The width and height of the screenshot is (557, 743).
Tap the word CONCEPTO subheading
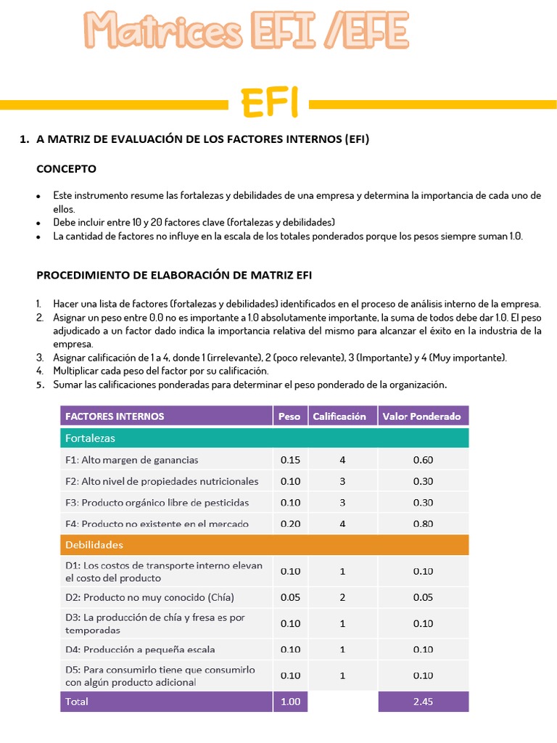point(66,168)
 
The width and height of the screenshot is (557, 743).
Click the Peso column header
point(289,416)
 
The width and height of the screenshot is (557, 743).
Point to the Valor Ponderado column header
point(422,416)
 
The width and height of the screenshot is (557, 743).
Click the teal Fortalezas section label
point(90,438)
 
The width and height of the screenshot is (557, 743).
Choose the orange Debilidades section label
point(94,544)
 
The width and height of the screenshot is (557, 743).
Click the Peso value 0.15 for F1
point(290,460)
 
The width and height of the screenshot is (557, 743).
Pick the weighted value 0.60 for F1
point(423,460)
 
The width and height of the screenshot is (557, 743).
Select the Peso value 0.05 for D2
point(290,597)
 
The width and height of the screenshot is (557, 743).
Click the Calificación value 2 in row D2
point(342,597)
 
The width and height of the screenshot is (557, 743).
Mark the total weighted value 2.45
point(423,702)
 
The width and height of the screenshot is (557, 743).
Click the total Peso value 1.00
point(290,702)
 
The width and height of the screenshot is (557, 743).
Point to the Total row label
point(77,702)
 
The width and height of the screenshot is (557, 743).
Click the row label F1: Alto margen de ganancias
point(132,460)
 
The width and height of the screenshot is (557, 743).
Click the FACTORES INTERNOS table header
point(115,416)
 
